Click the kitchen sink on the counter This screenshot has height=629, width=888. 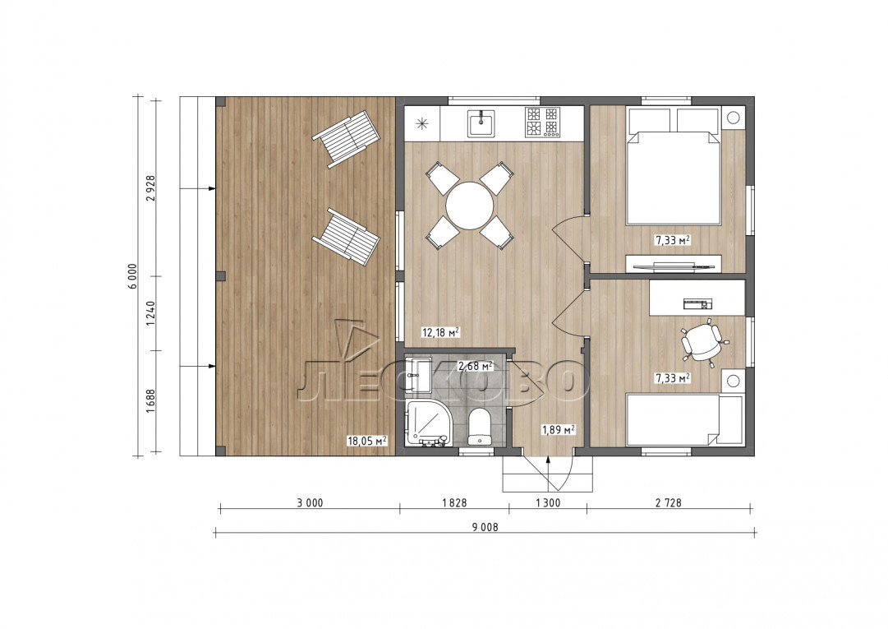(481, 123)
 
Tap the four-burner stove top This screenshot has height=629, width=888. (542, 122)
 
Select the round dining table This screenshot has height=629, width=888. (470, 205)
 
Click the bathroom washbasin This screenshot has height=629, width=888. (419, 375)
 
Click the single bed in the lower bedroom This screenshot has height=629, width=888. (684, 420)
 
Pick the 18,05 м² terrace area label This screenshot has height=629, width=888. (367, 441)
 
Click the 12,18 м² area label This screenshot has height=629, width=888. (439, 332)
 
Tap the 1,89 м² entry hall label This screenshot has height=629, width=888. (559, 429)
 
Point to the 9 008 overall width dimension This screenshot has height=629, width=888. (485, 527)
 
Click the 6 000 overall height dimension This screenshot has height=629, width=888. (132, 276)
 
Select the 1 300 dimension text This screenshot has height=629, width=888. (547, 502)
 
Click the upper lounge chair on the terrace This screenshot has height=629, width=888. (346, 139)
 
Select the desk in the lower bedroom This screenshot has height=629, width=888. (697, 298)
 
